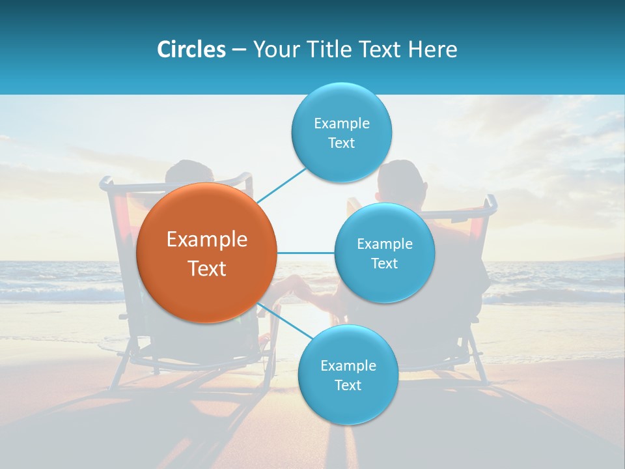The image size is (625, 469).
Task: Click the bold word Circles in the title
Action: pos(191,49)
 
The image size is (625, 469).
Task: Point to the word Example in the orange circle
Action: pos(207,240)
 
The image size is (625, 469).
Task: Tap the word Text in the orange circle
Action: pos(207,268)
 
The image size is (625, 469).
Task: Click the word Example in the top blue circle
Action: pos(342,124)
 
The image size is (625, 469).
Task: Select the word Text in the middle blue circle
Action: pos(384,264)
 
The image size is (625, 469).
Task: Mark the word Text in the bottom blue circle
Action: pos(348,386)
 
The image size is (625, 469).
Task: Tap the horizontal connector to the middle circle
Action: pos(305,253)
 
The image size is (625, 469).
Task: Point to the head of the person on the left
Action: pos(189,175)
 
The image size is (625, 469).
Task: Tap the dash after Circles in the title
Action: pos(239,50)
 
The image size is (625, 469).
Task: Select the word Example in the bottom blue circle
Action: pos(348,366)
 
